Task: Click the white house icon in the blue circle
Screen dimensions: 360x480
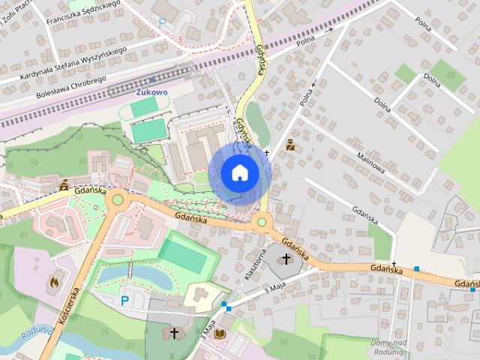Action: (239, 172)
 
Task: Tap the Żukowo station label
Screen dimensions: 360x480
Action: (151, 91)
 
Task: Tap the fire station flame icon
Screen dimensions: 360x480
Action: (53, 282)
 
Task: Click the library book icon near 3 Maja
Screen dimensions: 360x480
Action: (220, 334)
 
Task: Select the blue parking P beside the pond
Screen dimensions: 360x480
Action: (125, 301)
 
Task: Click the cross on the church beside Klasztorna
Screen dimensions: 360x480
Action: (285, 259)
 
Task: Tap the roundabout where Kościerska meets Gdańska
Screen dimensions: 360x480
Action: (117, 201)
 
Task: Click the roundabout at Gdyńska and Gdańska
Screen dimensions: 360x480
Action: (262, 221)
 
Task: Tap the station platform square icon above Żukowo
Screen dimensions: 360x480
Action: (153, 79)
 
